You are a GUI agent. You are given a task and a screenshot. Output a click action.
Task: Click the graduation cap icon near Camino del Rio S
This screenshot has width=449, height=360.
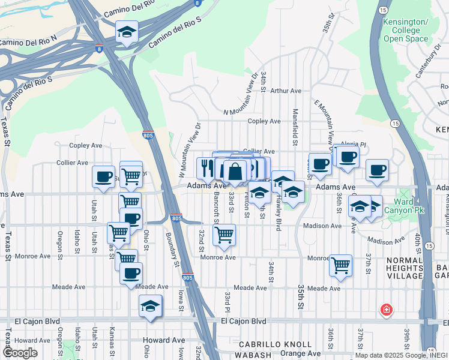(127, 32)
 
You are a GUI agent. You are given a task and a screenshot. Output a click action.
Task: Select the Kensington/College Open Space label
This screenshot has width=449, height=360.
(406, 30)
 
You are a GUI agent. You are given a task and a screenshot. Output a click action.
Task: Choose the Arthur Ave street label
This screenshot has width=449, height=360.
(286, 91)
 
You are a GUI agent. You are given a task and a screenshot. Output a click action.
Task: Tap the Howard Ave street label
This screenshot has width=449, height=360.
(164, 340)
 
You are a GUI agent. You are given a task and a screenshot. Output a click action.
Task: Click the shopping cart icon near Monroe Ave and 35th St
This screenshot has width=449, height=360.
(340, 265)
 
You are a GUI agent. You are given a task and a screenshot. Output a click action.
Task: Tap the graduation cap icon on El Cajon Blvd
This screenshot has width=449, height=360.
(150, 306)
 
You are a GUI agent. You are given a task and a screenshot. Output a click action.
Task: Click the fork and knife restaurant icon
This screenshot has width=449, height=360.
(205, 168)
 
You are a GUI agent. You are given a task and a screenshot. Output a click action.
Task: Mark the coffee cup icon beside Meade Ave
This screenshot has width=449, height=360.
(131, 273)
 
